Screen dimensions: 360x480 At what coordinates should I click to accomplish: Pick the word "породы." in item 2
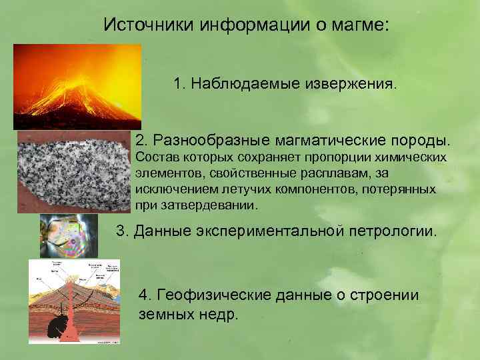420,141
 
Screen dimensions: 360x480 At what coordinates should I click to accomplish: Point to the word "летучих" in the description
234,189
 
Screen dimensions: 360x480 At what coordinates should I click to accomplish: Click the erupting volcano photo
77,86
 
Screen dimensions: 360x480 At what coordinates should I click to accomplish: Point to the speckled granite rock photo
73,171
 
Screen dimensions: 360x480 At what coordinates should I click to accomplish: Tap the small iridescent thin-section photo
69,234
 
